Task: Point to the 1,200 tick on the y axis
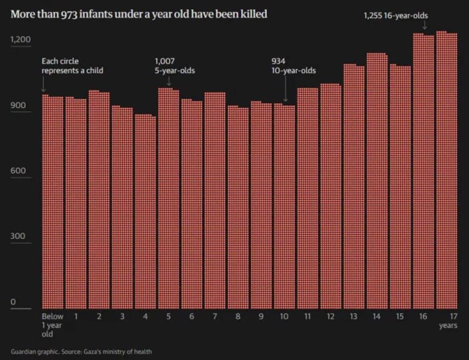click(21, 40)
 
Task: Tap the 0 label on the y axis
click(13, 302)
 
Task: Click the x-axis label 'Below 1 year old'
click(53, 325)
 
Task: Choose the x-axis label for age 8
click(238, 317)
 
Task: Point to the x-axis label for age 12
click(330, 317)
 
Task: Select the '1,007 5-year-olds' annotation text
click(174, 66)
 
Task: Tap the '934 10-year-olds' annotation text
click(294, 66)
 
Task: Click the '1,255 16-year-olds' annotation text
click(396, 16)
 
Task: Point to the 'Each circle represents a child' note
click(72, 66)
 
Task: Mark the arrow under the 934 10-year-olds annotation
click(285, 89)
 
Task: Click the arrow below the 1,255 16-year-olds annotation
click(424, 25)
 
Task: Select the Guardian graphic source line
click(81, 352)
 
